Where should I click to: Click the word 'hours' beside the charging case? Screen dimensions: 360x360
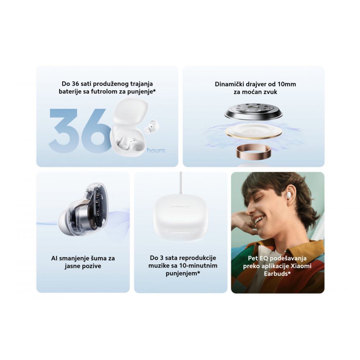tap(156, 151)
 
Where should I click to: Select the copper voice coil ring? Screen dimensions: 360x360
tap(253, 152)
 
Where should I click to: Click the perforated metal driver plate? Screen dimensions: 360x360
tap(253, 111)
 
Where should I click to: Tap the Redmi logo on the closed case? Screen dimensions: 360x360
tap(181, 205)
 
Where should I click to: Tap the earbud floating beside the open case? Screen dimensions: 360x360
tap(152, 127)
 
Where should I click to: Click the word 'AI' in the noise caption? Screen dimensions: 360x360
tap(54, 258)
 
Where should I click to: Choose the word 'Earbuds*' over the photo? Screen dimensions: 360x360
tap(277, 274)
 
